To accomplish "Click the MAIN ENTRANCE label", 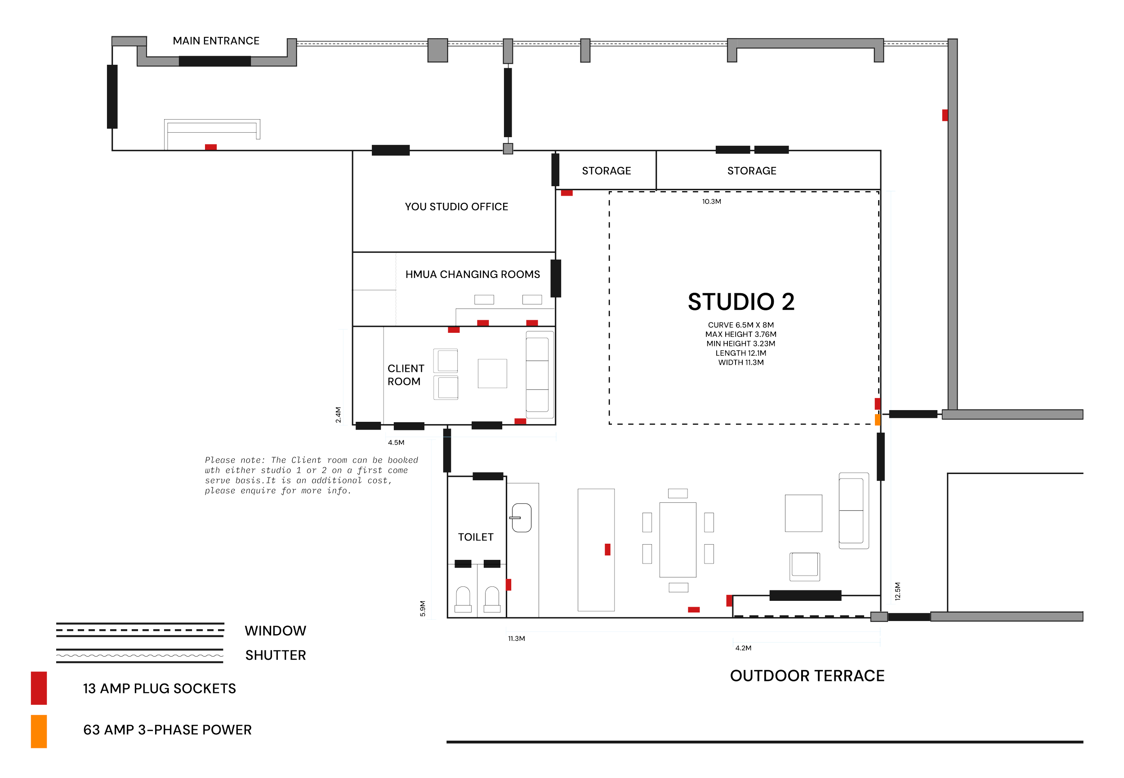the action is tap(216, 40).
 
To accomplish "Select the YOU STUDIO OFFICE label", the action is tap(456, 207).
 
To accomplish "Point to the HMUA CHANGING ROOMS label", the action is tap(472, 274).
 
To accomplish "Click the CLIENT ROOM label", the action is tap(406, 374).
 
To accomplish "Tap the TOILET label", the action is tap(476, 537).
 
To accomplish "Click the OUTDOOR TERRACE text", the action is tap(807, 675).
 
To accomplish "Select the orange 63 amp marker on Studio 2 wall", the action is tap(877, 420).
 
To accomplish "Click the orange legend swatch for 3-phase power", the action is tap(39, 731).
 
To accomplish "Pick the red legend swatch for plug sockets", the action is tap(39, 688).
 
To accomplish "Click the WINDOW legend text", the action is tap(275, 631).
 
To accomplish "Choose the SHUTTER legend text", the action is tap(275, 655).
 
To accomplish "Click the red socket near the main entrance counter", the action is tap(210, 147).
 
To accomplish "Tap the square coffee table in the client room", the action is tap(492, 373).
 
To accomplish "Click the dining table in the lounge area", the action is tap(678, 540).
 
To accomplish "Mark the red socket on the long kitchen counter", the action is tap(607, 550).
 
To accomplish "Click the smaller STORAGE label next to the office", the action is tap(606, 170).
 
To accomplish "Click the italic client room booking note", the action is tap(311, 475).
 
